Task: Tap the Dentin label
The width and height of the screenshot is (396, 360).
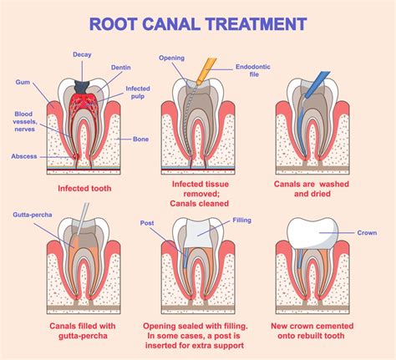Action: pyautogui.click(x=119, y=67)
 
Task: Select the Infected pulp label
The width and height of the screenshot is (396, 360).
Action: pyautogui.click(x=138, y=91)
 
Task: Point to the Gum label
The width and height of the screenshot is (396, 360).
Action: pyautogui.click(x=23, y=82)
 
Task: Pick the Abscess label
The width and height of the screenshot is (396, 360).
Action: pyautogui.click(x=23, y=156)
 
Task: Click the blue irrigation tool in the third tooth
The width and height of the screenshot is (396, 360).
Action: pyautogui.click(x=313, y=90)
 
